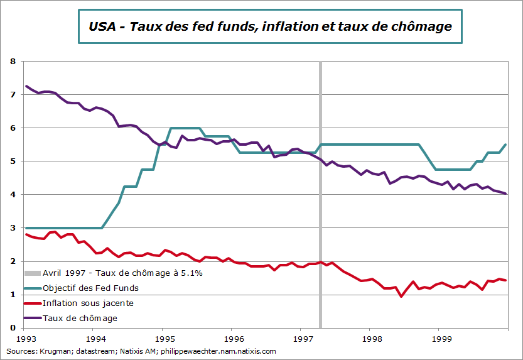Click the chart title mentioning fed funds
(x=270, y=26)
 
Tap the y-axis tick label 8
(x=13, y=62)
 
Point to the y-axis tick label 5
(x=13, y=161)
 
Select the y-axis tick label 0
(x=13, y=328)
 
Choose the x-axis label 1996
(x=232, y=339)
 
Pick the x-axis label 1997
(x=301, y=339)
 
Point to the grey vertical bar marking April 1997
(x=321, y=188)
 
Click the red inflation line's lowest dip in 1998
(x=401, y=296)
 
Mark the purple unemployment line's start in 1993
(x=26, y=86)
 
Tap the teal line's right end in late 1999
(x=506, y=145)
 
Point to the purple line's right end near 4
(x=506, y=194)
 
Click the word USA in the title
(x=102, y=26)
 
